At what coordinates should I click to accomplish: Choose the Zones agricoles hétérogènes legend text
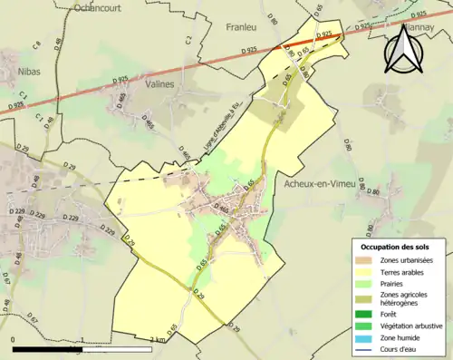406,298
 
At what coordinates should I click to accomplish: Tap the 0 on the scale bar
14,339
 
